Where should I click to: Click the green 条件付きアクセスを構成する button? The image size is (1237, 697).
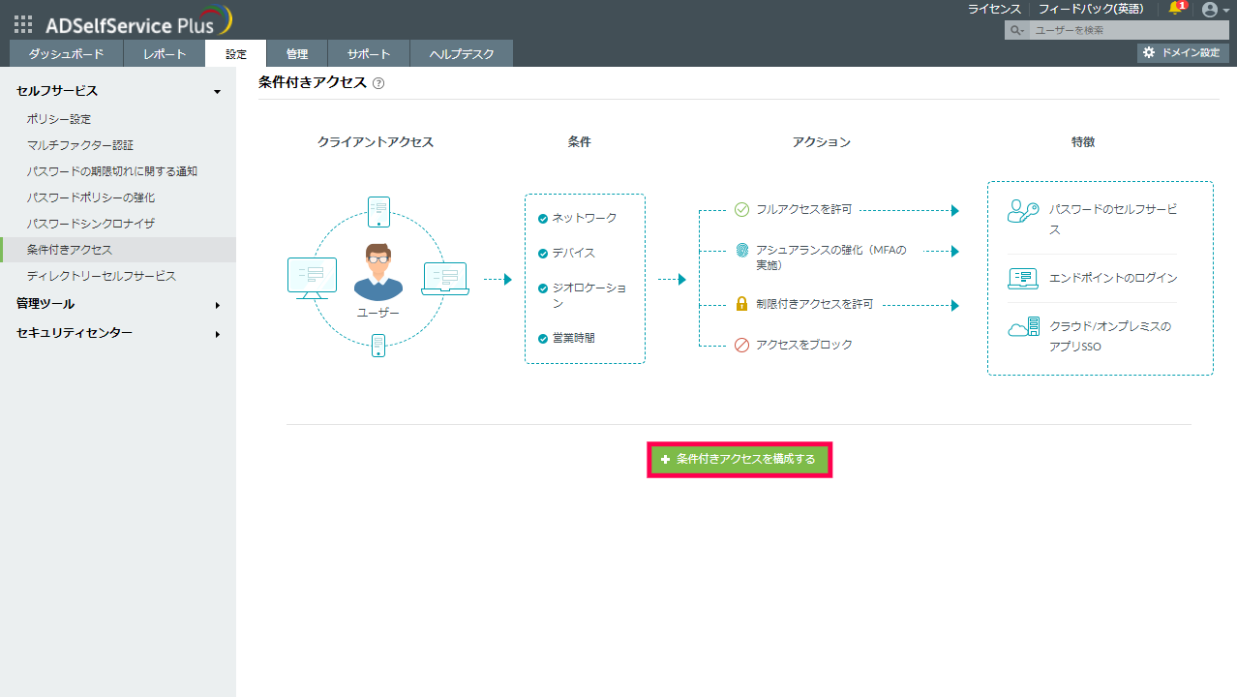coord(739,460)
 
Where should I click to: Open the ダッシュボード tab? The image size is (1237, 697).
coord(66,54)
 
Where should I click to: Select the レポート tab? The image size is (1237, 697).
coord(165,54)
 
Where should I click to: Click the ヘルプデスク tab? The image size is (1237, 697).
coord(461,54)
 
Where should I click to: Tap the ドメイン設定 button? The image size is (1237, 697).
coord(1183,52)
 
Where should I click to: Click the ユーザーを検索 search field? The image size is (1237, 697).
coord(1123,30)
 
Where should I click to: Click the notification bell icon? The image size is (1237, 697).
coord(1175,9)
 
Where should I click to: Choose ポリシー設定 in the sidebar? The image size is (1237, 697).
coord(59,119)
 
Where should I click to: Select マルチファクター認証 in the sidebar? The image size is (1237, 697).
coord(80,145)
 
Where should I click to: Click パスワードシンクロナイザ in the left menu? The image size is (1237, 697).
coord(91,224)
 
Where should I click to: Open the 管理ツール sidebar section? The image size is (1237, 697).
coord(45,304)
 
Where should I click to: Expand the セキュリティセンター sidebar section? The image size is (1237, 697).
coord(75,333)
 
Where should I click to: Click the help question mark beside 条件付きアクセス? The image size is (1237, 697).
coord(378,83)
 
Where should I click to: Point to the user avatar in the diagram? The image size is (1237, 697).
coord(377,272)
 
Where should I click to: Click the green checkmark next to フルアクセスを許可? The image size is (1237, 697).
coord(742,209)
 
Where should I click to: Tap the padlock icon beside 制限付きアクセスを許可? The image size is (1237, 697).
coord(742,304)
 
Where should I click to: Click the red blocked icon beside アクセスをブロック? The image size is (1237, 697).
coord(742,345)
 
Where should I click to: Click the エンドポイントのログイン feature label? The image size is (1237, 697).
coord(1113,278)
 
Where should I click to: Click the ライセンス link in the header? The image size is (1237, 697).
coord(994,9)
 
